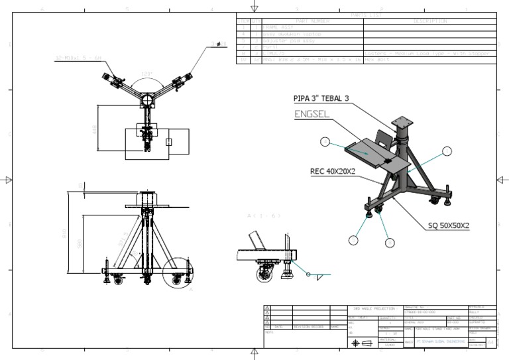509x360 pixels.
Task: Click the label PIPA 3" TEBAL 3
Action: click(x=321, y=98)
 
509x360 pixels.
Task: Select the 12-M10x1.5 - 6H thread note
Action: click(x=78, y=59)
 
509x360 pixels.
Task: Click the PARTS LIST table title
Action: click(x=365, y=14)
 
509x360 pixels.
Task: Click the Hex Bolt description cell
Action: click(x=380, y=59)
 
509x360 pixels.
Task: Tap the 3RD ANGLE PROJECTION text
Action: click(x=374, y=309)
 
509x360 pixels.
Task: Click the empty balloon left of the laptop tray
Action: click(x=325, y=142)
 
